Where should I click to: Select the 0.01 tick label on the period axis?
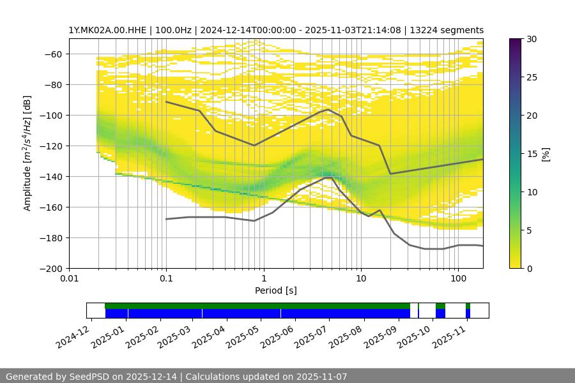(69, 279)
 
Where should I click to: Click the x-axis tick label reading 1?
(263, 279)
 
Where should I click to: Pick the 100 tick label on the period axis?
(457, 279)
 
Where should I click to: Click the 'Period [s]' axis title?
(276, 290)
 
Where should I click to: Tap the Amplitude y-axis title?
(27, 153)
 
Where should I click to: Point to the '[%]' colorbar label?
(546, 154)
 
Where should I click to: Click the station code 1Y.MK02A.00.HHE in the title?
(105, 30)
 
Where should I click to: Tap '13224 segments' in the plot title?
(451, 30)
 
